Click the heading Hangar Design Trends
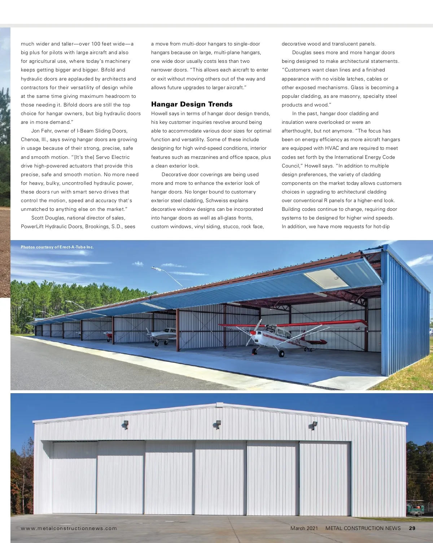pyautogui.click(x=192, y=104)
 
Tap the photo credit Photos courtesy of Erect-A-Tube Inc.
pyautogui.click(x=57, y=247)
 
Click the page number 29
pyautogui.click(x=412, y=528)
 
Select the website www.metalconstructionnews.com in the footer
pyautogui.click(x=69, y=528)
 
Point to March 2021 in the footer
pyautogui.click(x=304, y=528)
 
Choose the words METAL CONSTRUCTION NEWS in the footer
pyautogui.click(x=363, y=528)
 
